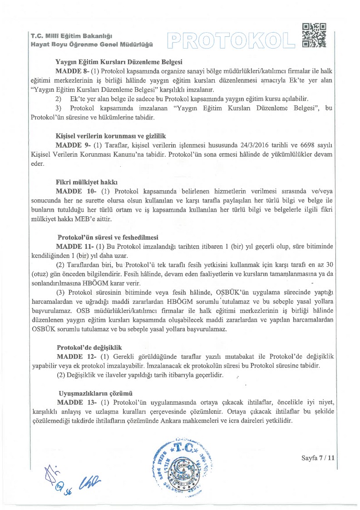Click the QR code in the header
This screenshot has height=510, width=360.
pos(314,35)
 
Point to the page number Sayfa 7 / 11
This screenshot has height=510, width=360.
pos(318,458)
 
